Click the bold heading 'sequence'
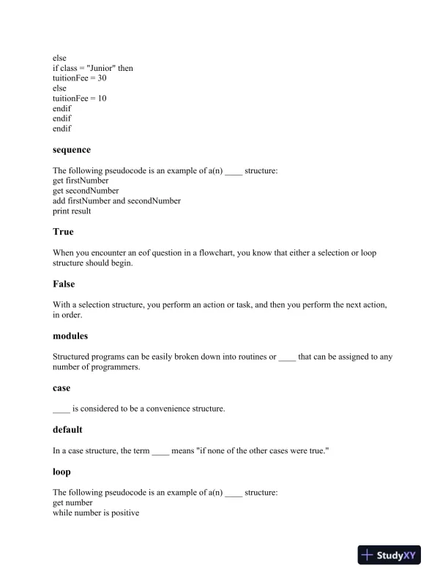click(72, 150)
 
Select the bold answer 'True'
click(63, 232)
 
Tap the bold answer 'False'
click(64, 284)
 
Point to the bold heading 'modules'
click(70, 336)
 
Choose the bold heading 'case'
click(61, 388)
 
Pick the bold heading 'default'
click(67, 430)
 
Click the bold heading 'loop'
click(61, 472)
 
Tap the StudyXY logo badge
click(392, 556)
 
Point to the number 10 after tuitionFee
click(102, 98)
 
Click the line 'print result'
click(72, 211)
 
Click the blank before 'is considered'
click(61, 409)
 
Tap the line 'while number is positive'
click(96, 513)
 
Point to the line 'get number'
click(72, 503)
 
